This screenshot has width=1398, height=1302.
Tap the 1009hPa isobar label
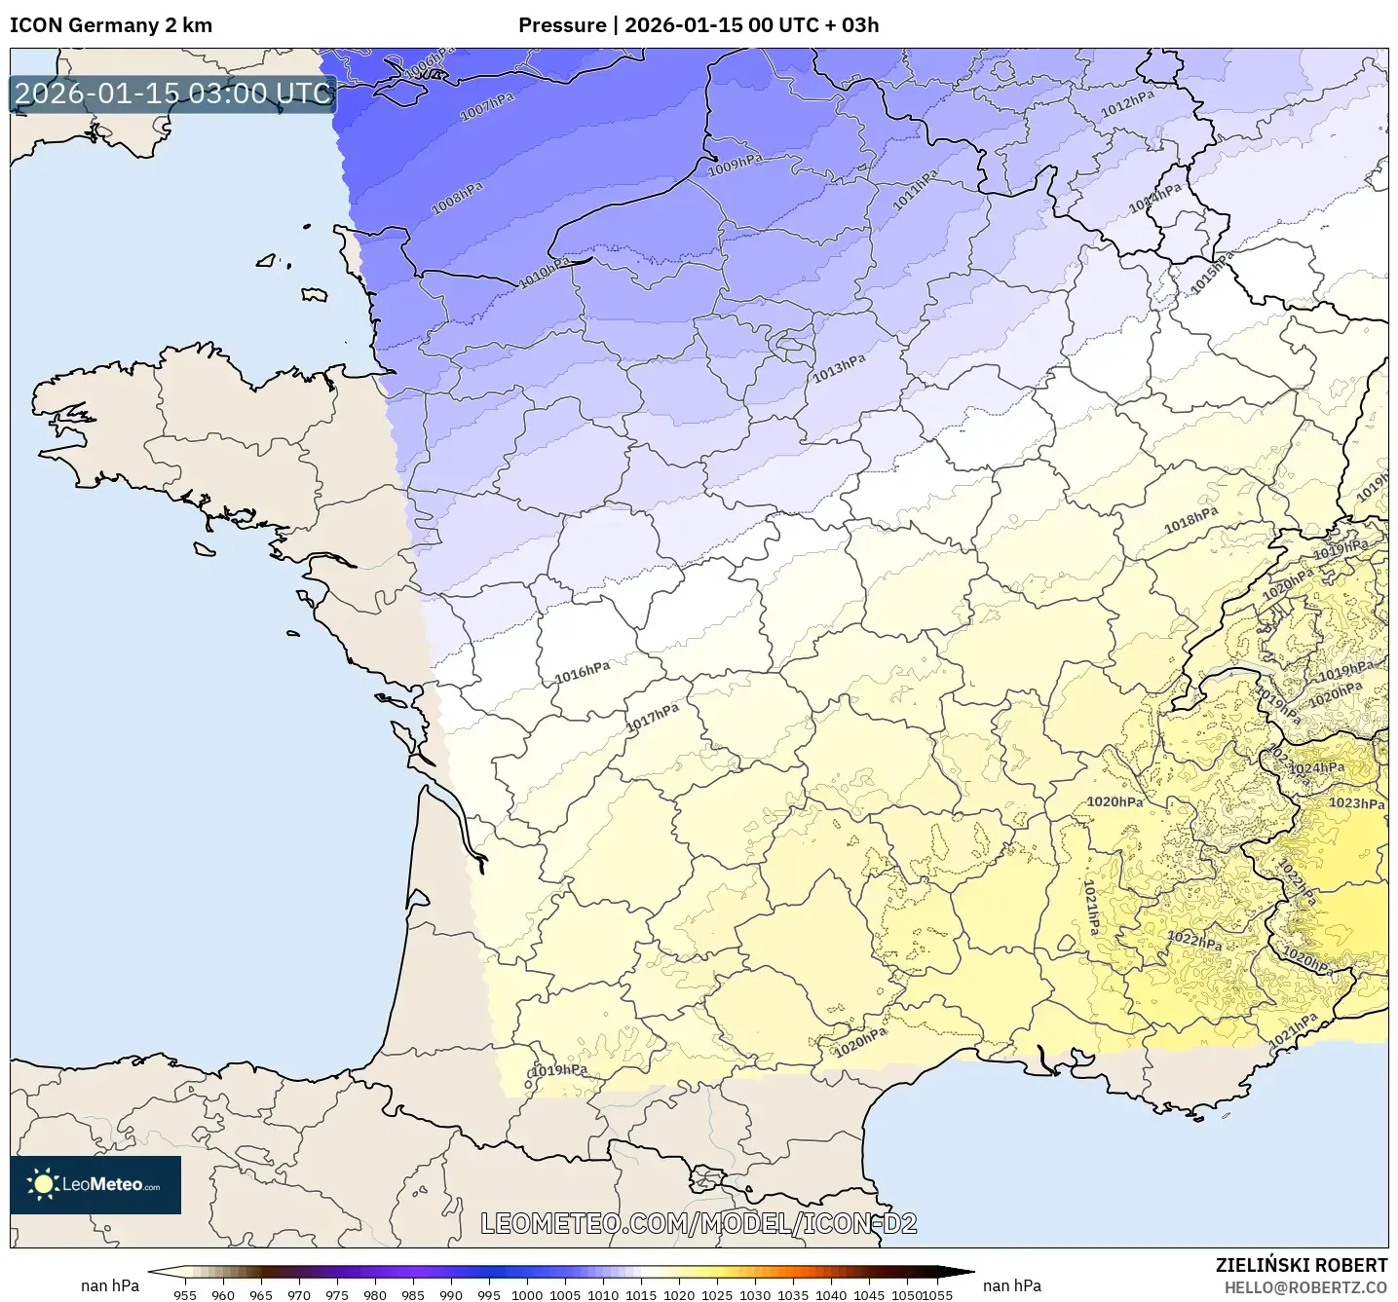click(735, 165)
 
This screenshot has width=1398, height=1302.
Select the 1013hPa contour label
click(839, 368)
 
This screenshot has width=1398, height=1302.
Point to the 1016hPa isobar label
click(582, 672)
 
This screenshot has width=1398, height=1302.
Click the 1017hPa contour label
click(652, 718)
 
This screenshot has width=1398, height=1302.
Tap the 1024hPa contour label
click(1316, 767)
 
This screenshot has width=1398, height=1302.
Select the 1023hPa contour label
click(1356, 803)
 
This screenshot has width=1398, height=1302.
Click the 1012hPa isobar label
click(1127, 103)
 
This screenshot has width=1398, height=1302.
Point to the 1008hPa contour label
click(457, 198)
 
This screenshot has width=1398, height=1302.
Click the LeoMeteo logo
click(95, 1184)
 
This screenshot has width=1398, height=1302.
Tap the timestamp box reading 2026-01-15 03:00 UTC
click(173, 93)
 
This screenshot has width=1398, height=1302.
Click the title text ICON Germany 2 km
click(111, 25)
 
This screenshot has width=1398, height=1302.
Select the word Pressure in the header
click(561, 25)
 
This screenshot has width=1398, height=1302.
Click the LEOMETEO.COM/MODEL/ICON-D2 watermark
click(699, 1223)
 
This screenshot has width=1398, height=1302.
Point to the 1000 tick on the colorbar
click(526, 1294)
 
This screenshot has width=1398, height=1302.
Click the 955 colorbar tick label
click(185, 1294)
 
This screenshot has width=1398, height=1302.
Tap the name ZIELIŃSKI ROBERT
click(1301, 1265)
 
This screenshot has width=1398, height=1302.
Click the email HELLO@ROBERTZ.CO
click(1304, 1287)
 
